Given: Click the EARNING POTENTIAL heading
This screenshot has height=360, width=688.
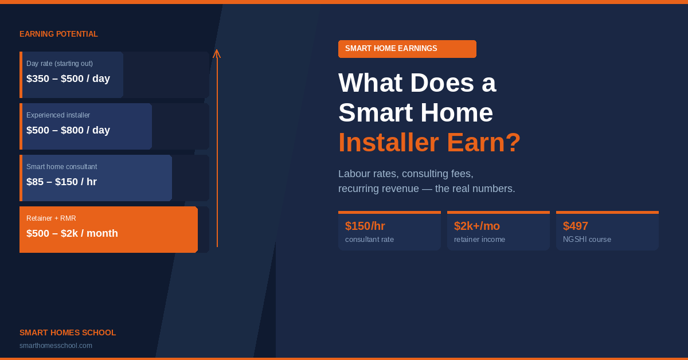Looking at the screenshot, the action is [x=58, y=34].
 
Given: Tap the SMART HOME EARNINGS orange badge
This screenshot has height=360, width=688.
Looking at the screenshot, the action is [x=407, y=49].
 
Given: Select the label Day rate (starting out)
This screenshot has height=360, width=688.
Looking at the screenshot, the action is [x=60, y=64].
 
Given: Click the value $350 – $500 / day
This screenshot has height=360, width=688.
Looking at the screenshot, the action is [x=68, y=79].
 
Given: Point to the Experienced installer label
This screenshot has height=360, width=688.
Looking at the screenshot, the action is [x=58, y=115].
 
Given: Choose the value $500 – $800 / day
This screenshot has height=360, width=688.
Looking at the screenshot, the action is [x=68, y=130].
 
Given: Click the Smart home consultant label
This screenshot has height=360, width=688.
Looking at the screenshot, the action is [x=61, y=167].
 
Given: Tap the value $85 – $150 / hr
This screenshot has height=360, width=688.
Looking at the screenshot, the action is [x=61, y=182].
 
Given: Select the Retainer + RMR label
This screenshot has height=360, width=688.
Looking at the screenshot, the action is [x=51, y=218].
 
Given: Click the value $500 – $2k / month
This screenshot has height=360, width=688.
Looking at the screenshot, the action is [x=72, y=233].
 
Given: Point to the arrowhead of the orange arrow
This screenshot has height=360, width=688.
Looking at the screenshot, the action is [x=217, y=50].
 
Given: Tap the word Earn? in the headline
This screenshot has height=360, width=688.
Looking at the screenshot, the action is [x=484, y=143].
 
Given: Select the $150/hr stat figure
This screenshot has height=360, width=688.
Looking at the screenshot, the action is [x=365, y=226].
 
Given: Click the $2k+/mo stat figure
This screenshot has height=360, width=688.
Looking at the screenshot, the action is [x=477, y=226].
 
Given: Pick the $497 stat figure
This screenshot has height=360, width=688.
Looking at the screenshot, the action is [x=575, y=226].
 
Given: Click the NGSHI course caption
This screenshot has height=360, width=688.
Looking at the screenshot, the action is [x=587, y=239].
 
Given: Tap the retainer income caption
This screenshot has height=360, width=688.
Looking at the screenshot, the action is [x=479, y=239].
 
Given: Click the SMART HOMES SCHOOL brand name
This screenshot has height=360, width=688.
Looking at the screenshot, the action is [x=68, y=332].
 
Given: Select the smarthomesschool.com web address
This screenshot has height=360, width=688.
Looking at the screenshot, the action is [x=56, y=346].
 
